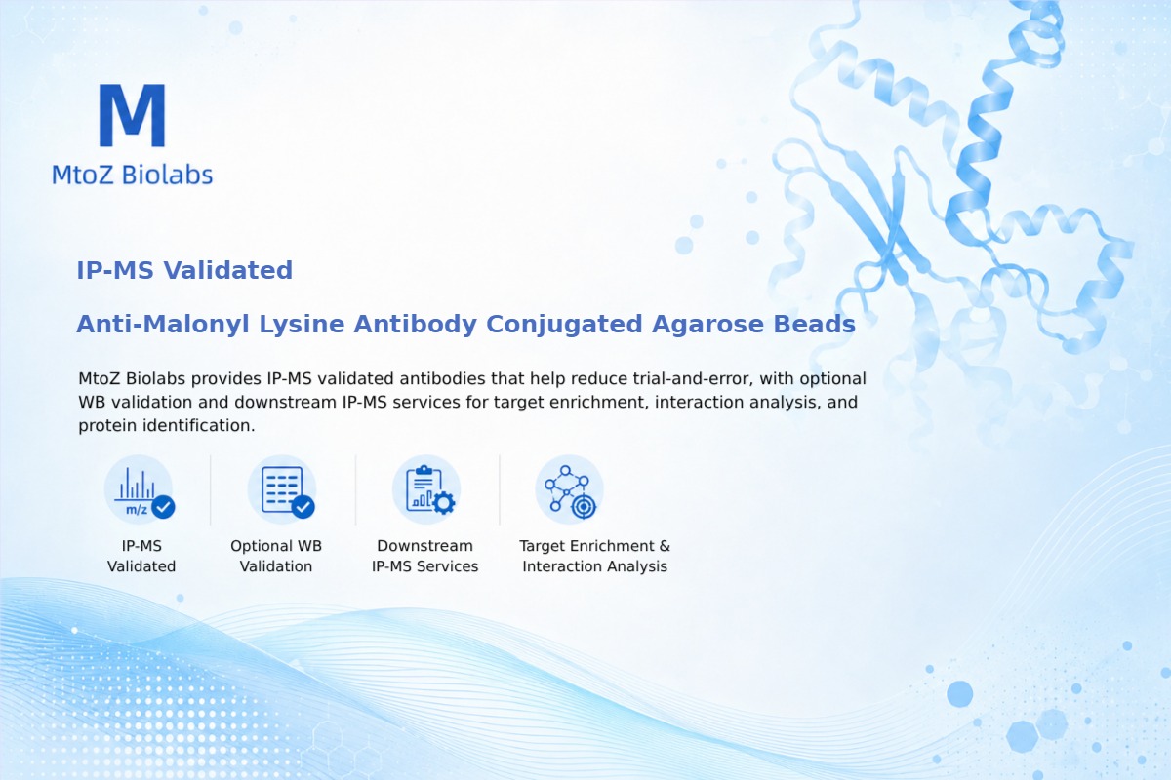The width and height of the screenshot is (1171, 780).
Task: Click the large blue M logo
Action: click(x=133, y=115)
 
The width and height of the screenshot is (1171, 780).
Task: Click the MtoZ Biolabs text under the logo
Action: click(x=133, y=175)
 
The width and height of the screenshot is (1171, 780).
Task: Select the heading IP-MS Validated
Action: click(x=184, y=270)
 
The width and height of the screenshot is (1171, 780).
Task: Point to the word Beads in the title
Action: click(x=815, y=324)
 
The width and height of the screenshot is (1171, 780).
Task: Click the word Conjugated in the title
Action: click(x=564, y=325)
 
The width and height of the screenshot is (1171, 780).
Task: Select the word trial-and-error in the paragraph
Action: click(x=693, y=378)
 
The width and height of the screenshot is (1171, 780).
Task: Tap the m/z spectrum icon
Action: click(x=139, y=490)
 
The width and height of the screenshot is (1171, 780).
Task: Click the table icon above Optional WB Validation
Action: click(x=282, y=490)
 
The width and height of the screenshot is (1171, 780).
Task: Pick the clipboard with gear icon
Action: click(x=426, y=490)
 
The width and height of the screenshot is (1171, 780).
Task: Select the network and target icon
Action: click(x=570, y=490)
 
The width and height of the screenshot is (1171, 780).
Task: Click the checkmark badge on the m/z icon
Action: click(x=163, y=507)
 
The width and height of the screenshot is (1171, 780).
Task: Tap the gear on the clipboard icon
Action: click(x=444, y=503)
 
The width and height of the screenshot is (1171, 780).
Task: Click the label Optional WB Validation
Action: click(x=276, y=556)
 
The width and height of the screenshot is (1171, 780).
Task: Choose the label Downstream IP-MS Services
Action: click(x=425, y=556)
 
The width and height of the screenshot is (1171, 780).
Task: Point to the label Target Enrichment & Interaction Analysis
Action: click(x=595, y=556)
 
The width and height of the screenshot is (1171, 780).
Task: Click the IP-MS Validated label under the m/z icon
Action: click(x=141, y=556)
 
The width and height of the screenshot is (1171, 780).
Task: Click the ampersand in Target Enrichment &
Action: click(x=665, y=546)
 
